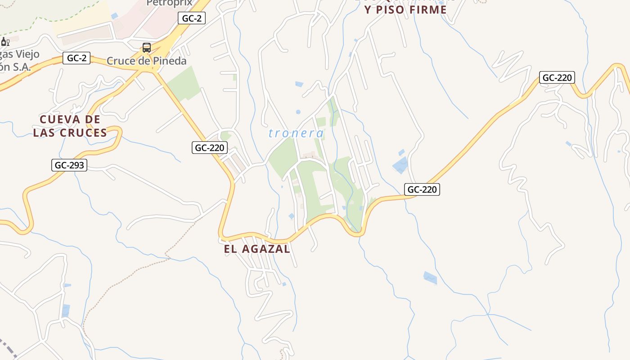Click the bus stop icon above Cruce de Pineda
[x=147, y=47]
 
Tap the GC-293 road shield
[x=69, y=165]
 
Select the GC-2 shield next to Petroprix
[x=192, y=18]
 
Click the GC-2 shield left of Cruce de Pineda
[x=76, y=58]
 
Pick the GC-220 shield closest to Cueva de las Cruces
[x=209, y=148]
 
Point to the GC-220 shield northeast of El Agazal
[x=422, y=189]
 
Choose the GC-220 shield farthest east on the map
[x=557, y=77]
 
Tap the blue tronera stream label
[x=296, y=133]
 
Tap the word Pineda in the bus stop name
[x=168, y=61]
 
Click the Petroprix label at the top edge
[x=169, y=3]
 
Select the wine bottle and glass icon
[x=5, y=42]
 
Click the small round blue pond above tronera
[x=298, y=112]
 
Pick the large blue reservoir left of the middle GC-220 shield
[x=400, y=166]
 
